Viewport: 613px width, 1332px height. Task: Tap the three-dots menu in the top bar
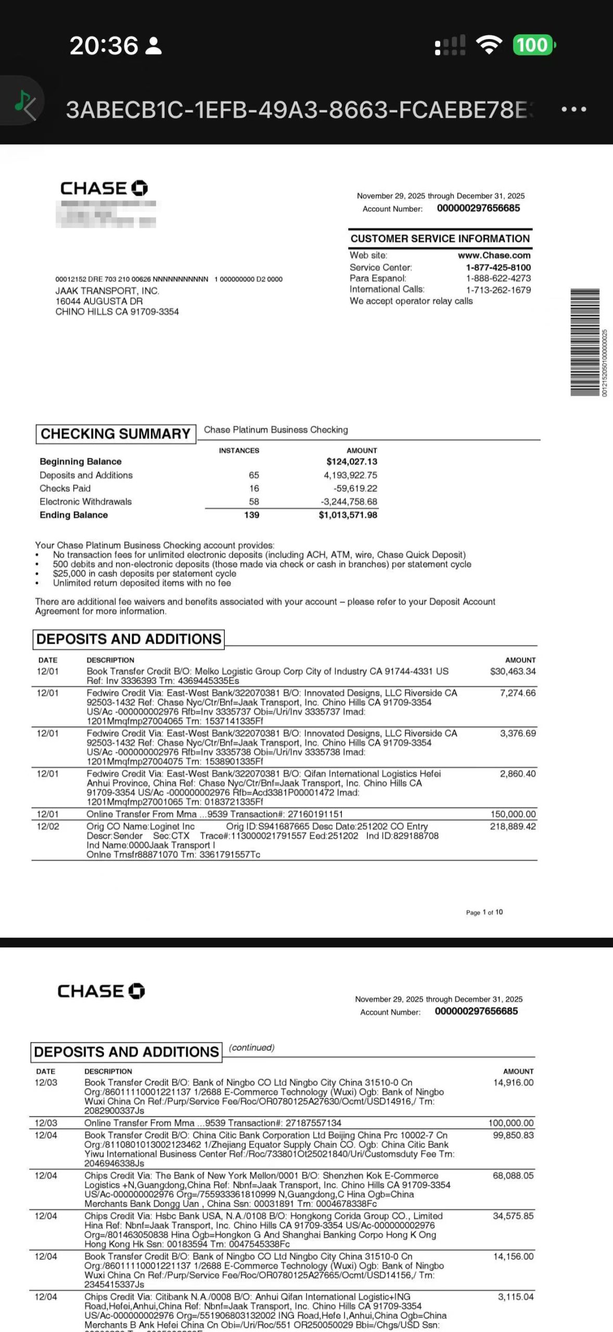[574, 109]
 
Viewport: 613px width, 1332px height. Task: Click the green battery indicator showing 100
[533, 45]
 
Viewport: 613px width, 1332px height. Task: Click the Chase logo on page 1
[104, 188]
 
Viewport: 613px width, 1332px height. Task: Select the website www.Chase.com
[494, 255]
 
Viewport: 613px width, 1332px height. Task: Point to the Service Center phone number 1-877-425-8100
[498, 267]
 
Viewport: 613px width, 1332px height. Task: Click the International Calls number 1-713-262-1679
[498, 290]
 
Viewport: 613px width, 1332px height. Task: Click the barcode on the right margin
[585, 342]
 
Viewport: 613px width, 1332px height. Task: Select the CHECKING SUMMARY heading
[116, 434]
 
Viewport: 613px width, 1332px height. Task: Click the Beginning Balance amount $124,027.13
[352, 462]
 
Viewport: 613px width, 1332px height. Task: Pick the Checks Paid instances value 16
[254, 489]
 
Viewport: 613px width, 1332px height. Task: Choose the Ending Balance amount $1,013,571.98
[348, 515]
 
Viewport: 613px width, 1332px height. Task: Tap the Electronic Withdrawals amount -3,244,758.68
[349, 502]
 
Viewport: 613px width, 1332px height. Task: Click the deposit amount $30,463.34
[513, 672]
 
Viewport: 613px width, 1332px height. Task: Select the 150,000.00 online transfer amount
[513, 814]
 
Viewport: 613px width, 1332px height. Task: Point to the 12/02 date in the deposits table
[48, 827]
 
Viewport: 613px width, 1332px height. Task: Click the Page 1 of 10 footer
[484, 912]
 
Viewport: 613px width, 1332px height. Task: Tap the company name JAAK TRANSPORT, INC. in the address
[107, 291]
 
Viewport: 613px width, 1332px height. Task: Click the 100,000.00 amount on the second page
[510, 1123]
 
